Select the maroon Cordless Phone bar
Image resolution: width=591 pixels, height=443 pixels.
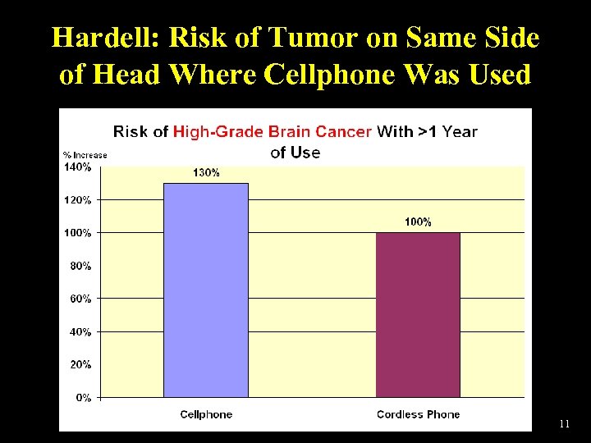[x=418, y=315]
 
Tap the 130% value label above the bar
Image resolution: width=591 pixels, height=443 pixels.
[x=206, y=173]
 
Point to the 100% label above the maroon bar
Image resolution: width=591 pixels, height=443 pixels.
[x=418, y=222]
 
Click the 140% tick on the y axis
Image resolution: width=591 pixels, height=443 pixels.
[x=77, y=167]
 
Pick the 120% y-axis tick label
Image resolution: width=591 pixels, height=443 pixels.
[x=77, y=200]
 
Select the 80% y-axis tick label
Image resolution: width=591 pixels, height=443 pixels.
[x=80, y=266]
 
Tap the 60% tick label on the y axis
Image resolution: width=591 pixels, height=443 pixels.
[x=80, y=299]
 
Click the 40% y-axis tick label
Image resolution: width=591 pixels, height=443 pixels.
[x=80, y=332]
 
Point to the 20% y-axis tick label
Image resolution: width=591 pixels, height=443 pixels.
[x=80, y=365]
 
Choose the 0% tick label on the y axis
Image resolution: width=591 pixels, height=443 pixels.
[x=83, y=398]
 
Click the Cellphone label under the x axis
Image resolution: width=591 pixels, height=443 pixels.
[x=206, y=414]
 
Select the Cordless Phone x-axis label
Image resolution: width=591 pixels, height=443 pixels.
[x=418, y=414]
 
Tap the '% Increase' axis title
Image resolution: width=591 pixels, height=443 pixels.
[x=85, y=155]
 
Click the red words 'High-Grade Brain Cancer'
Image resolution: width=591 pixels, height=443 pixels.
[x=272, y=131]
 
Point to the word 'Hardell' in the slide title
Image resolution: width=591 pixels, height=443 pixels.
[x=104, y=39]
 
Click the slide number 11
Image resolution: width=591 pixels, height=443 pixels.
[x=564, y=424]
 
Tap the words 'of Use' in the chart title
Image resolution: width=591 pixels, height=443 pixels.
[x=295, y=152]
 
